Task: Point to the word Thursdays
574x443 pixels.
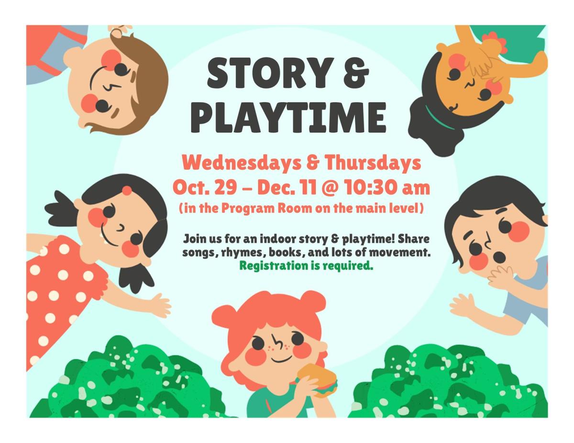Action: point(373,163)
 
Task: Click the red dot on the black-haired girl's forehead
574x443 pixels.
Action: point(127,191)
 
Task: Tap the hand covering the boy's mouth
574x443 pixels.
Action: point(499,275)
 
